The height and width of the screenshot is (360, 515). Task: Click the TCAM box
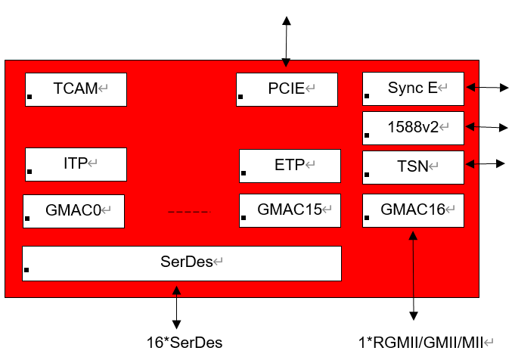tap(76, 89)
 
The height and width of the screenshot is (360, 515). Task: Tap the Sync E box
tap(413, 88)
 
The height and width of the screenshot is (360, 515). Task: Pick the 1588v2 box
tap(413, 128)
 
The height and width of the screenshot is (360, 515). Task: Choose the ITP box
tap(76, 164)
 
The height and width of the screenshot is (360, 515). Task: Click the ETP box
tap(290, 166)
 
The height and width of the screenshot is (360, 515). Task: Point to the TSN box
tap(413, 167)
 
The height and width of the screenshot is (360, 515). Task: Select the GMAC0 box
tap(73, 211)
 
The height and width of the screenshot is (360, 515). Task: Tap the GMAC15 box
tap(290, 210)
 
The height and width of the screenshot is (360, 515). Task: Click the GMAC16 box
tap(413, 210)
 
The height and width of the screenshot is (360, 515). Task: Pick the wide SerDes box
tap(181, 263)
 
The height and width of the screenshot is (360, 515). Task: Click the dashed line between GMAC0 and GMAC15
tap(189, 213)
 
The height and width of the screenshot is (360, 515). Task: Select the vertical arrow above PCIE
tap(286, 42)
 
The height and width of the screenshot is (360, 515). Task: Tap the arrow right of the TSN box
tap(486, 163)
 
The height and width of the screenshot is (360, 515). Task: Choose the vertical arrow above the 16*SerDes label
tap(177, 306)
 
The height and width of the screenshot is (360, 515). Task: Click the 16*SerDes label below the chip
tap(185, 342)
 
